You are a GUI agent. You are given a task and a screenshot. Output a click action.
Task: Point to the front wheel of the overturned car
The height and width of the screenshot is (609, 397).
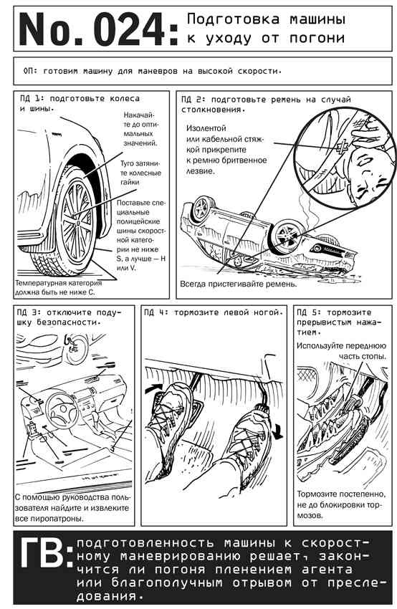288,236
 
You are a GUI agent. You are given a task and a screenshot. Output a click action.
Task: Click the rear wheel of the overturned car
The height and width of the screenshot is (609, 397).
202,208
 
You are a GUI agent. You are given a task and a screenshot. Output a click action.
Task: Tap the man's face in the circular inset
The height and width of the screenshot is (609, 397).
369,174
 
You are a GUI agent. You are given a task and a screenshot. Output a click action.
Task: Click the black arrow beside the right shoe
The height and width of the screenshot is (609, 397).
278,431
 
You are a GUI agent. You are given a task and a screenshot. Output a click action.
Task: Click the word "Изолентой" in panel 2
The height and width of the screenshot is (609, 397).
206,128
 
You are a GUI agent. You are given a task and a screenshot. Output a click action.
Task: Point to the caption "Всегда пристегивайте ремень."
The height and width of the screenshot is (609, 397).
238,284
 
